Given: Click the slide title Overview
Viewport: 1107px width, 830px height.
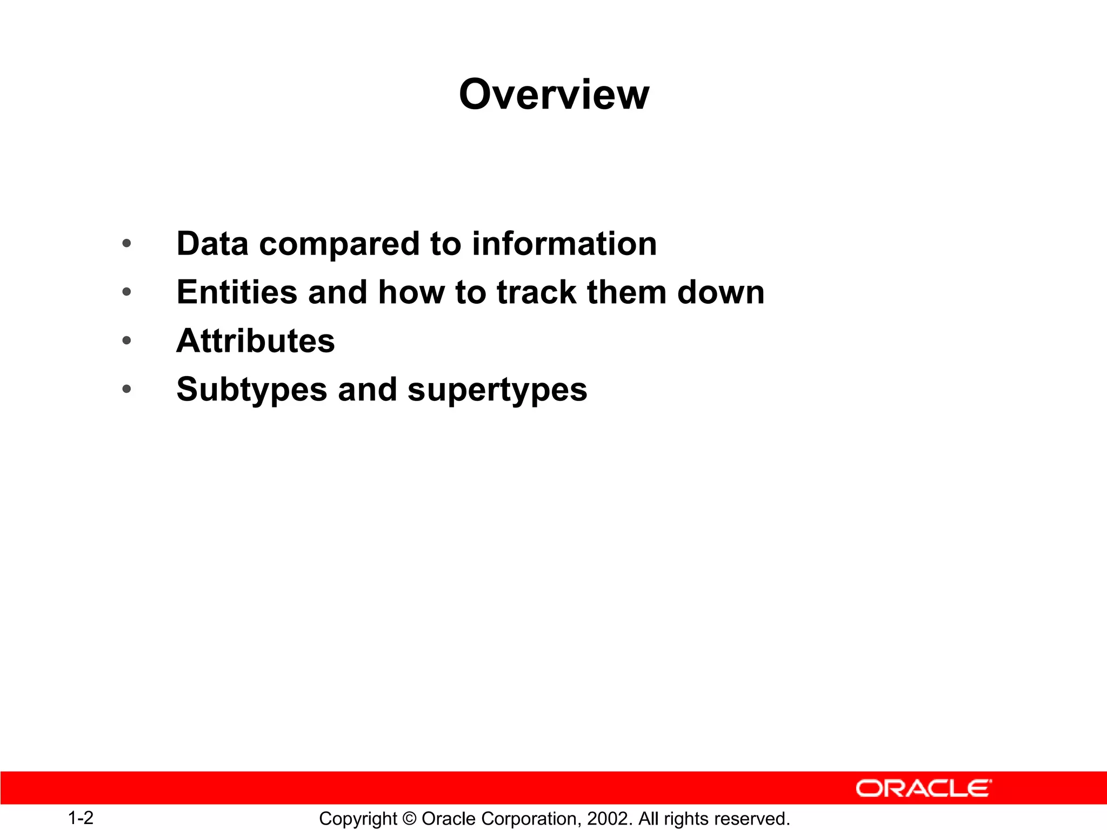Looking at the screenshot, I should (x=553, y=95).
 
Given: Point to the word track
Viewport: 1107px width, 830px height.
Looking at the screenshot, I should (x=536, y=292).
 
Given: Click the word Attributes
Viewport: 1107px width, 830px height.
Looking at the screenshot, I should (x=256, y=341).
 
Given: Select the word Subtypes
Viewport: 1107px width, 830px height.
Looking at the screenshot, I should (x=252, y=390).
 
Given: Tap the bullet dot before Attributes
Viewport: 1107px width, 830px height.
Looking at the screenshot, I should (x=126, y=340).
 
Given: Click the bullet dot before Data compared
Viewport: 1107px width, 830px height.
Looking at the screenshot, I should (x=126, y=244).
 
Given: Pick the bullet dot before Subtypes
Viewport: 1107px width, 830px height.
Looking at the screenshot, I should (x=126, y=389).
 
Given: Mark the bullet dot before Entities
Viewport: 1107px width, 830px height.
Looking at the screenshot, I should (x=126, y=292).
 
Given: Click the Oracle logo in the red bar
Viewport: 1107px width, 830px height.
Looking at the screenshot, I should (x=923, y=788).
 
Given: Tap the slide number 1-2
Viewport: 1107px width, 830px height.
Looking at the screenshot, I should (x=81, y=818).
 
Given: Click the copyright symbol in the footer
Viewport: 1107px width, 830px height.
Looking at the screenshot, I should (x=409, y=819).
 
